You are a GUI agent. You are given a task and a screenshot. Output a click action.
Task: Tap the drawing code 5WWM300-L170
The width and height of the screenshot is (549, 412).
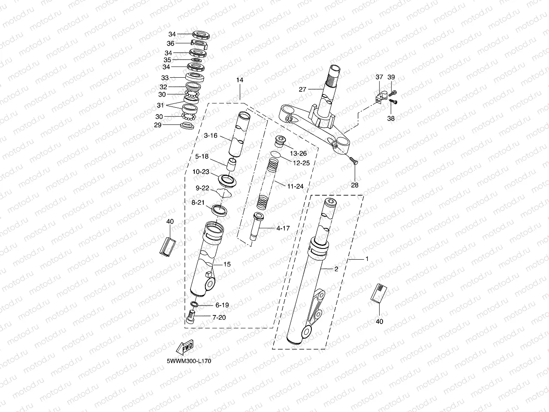(189, 361)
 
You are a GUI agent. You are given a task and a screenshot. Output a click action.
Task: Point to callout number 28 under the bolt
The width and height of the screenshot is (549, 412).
(355, 185)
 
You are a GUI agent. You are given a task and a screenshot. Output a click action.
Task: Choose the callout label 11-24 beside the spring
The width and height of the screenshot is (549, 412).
(296, 186)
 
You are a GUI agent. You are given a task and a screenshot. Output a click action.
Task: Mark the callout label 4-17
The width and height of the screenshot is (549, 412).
(283, 228)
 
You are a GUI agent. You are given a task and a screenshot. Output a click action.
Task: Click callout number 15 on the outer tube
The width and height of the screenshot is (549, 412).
(227, 264)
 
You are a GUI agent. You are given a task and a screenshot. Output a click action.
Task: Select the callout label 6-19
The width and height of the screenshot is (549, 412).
(222, 305)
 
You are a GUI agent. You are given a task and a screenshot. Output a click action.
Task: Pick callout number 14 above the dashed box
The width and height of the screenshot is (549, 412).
(239, 80)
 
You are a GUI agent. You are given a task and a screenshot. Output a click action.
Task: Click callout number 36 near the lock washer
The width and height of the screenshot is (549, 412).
(170, 43)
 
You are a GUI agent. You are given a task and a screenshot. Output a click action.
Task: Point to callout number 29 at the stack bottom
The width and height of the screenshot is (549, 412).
(158, 125)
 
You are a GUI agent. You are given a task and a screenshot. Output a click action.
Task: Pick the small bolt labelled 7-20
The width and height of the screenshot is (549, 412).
(192, 318)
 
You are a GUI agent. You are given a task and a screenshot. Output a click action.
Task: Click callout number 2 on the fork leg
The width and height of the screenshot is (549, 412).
(336, 269)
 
